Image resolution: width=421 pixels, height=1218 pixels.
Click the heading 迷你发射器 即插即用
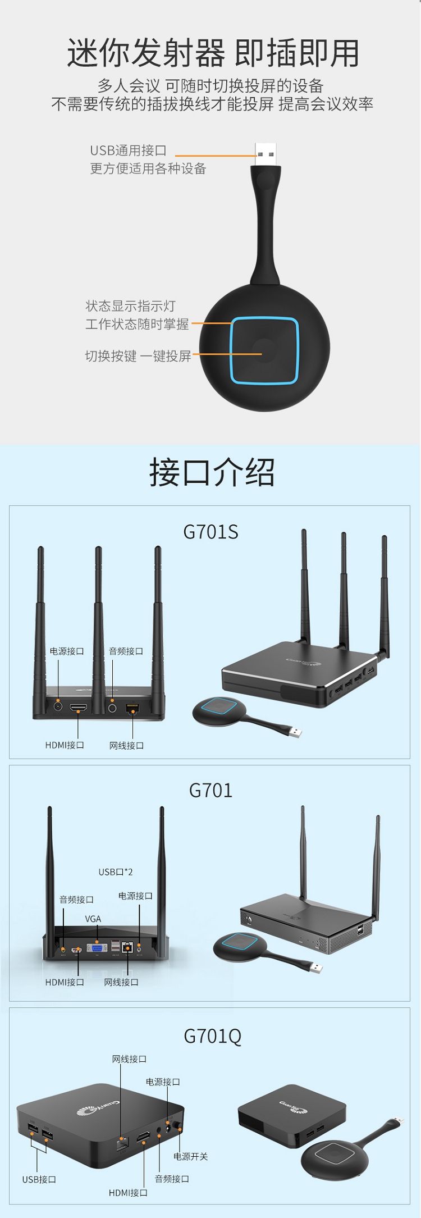[x=213, y=53]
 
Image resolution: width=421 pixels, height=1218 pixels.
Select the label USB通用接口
[x=128, y=150]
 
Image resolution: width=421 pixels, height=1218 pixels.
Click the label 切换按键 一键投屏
[x=138, y=356]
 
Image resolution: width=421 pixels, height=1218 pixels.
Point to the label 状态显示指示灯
[x=130, y=306]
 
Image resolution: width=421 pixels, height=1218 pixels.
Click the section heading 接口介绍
[x=212, y=472]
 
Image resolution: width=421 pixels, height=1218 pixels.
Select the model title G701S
[x=210, y=532]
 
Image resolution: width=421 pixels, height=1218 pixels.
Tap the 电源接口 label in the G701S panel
[x=67, y=651]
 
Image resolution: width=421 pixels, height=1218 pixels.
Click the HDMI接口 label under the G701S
[x=65, y=745]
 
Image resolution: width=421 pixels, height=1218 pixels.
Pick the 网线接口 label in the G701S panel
[x=126, y=746]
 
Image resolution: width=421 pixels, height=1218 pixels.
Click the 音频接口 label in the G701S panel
[x=126, y=651]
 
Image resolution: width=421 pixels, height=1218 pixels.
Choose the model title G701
[x=210, y=791]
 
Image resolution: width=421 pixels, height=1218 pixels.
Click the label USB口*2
[x=116, y=872]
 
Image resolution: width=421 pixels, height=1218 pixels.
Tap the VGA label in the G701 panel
[x=93, y=919]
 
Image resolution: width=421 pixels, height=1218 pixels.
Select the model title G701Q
[x=212, y=1036]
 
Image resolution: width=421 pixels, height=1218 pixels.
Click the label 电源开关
[x=190, y=1157]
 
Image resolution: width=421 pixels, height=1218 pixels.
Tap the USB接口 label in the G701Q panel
[x=39, y=1180]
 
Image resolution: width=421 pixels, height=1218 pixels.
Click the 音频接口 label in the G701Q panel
[x=172, y=1179]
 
